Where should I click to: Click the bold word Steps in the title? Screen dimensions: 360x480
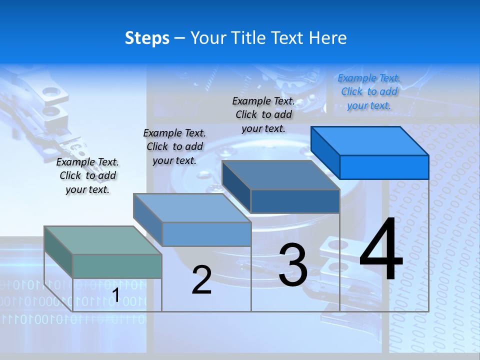[147, 38]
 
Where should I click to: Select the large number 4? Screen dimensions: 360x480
[381, 250]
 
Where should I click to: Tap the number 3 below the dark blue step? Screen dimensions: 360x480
[293, 265]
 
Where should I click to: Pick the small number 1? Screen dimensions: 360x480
[115, 295]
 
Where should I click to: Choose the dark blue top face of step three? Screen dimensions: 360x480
[280, 175]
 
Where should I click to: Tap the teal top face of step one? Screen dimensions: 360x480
[102, 240]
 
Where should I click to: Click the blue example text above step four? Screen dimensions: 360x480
[369, 92]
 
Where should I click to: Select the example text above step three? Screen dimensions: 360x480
[263, 115]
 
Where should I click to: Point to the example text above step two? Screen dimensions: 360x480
[174, 146]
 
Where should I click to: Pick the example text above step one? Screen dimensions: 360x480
[87, 176]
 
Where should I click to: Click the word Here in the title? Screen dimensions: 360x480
[328, 38]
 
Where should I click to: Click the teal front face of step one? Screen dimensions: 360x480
[117, 266]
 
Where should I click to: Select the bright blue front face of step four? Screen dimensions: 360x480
[384, 167]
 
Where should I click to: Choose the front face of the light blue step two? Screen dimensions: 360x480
[206, 234]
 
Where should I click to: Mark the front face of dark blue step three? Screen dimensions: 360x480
[295, 201]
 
